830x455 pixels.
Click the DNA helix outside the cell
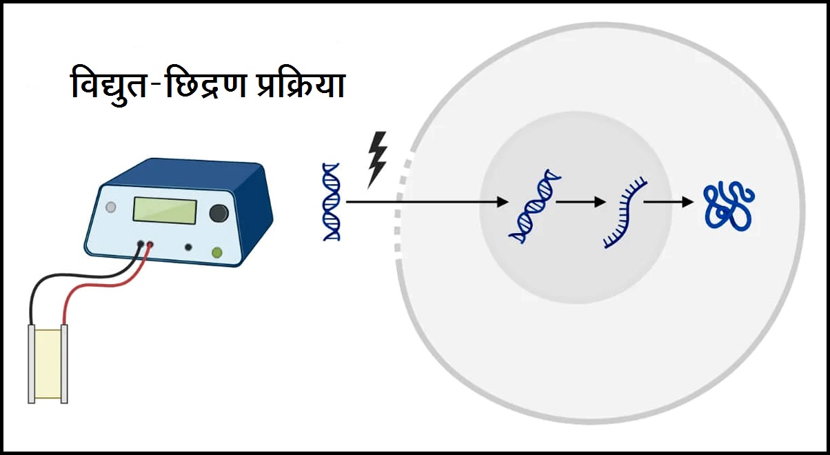coord(332,201)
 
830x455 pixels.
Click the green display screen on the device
coord(165,210)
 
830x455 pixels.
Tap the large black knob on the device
coord(219,213)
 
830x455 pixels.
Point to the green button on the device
coord(217,253)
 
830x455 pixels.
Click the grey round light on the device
coord(111,207)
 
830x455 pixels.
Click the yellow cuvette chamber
coord(48,363)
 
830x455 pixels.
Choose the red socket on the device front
coord(150,243)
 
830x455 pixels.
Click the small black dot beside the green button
coord(188,247)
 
